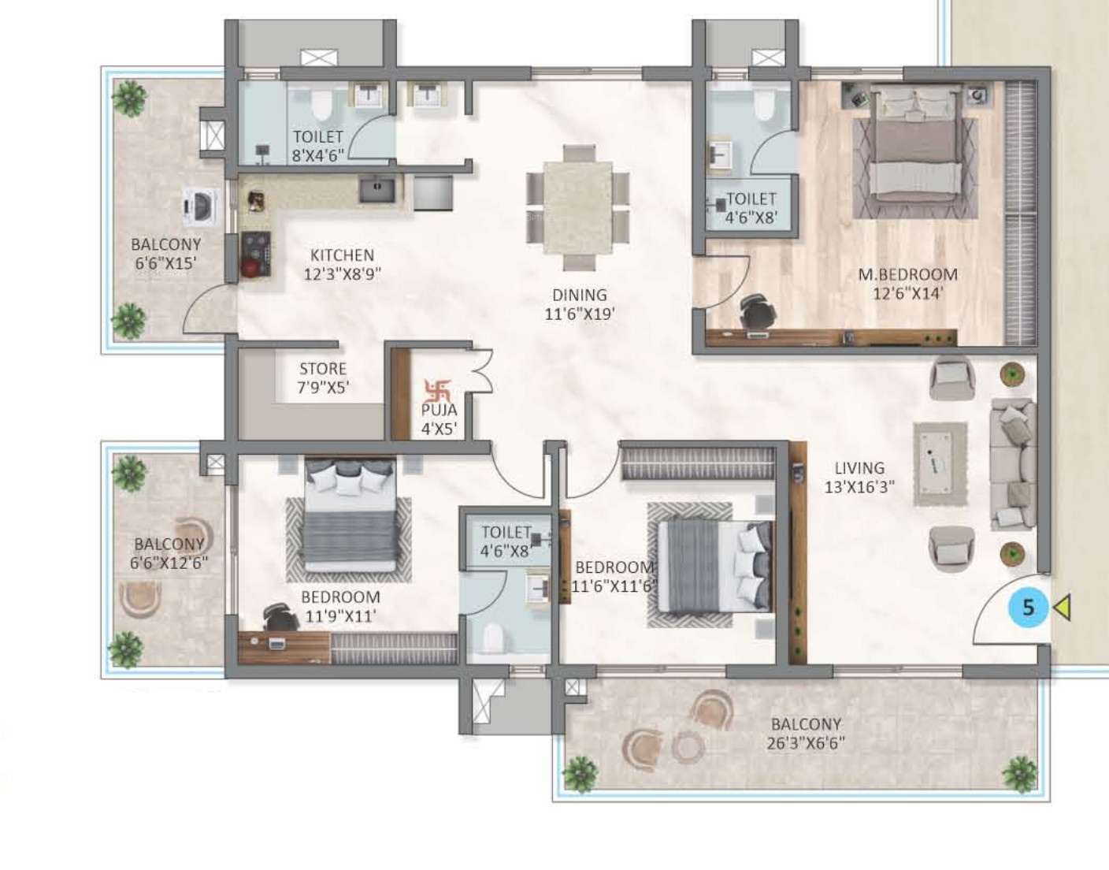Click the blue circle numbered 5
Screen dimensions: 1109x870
pos(1029,608)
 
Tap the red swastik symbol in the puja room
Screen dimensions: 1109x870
pos(437,389)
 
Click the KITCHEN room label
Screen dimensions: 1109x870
pos(342,255)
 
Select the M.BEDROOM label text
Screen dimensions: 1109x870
pos(907,274)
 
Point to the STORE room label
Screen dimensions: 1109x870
pos(323,369)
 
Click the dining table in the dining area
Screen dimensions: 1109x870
pos(577,207)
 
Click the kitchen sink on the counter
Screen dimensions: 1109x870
pos(376,190)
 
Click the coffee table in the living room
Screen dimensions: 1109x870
pos(940,463)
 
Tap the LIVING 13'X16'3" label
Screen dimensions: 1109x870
pos(860,478)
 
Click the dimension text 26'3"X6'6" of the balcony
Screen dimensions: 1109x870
pos(806,743)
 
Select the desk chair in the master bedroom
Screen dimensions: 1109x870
pos(756,311)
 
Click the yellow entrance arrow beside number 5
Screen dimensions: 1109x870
pos(1062,608)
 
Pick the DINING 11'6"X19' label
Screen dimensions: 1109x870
pos(579,304)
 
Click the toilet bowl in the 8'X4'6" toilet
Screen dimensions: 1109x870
pos(321,106)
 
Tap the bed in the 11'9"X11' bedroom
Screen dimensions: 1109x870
pos(350,515)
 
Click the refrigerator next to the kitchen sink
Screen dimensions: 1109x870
pos(432,193)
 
